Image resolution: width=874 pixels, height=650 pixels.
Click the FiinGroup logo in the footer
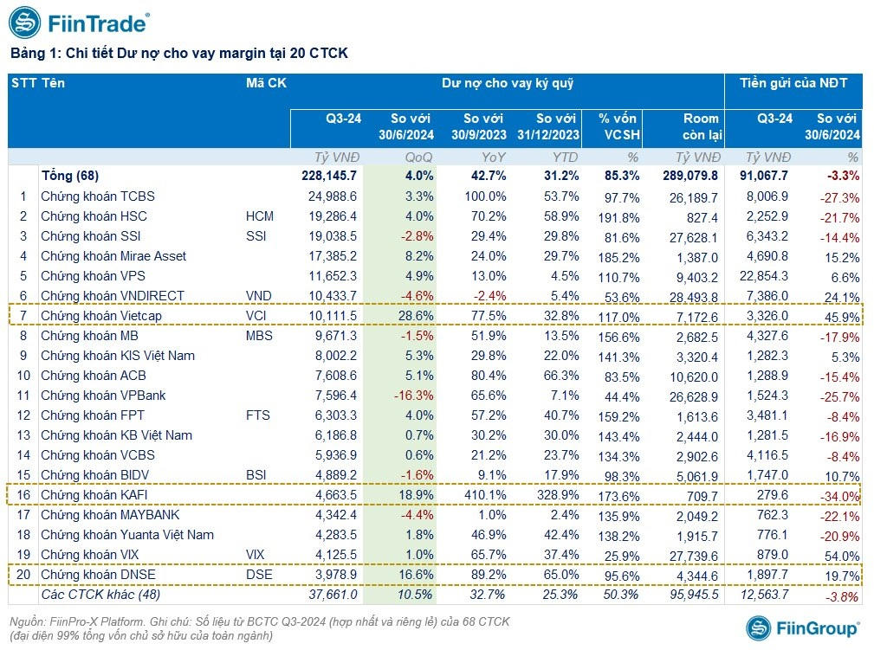point(802,629)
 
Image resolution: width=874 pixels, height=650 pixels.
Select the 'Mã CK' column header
point(266,84)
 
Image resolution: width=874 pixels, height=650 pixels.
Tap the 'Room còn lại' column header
point(701,126)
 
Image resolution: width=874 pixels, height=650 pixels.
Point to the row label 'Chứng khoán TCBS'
point(98,196)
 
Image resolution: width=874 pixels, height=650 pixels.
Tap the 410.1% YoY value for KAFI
point(485,495)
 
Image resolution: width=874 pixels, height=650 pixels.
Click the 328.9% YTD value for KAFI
point(557,495)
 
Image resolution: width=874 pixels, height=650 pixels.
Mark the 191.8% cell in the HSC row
point(618,216)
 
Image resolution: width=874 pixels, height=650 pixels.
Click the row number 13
point(23,435)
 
